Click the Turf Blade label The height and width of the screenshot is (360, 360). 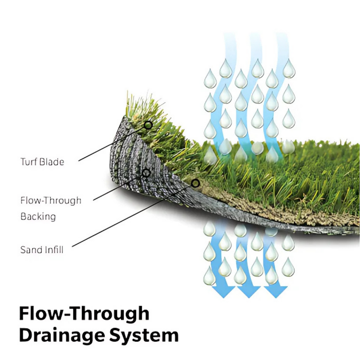pos(42,162)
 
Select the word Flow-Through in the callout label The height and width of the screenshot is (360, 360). pos(51,201)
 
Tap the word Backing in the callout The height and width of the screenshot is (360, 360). pos(38,217)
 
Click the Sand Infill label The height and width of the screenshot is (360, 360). pos(41,250)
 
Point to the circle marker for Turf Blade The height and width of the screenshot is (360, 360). pos(148,125)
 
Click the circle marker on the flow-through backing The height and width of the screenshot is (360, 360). pos(146,173)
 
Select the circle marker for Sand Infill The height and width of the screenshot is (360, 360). pos(195,183)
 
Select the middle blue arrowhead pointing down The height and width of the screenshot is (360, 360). pos(249,291)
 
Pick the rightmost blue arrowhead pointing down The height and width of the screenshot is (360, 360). pos(276,291)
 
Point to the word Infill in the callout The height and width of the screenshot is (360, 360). pos(53,250)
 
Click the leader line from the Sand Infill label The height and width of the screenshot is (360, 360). pos(134,215)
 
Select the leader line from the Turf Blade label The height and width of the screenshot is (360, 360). pos(112,143)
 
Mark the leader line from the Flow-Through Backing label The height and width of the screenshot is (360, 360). pos(120,187)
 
